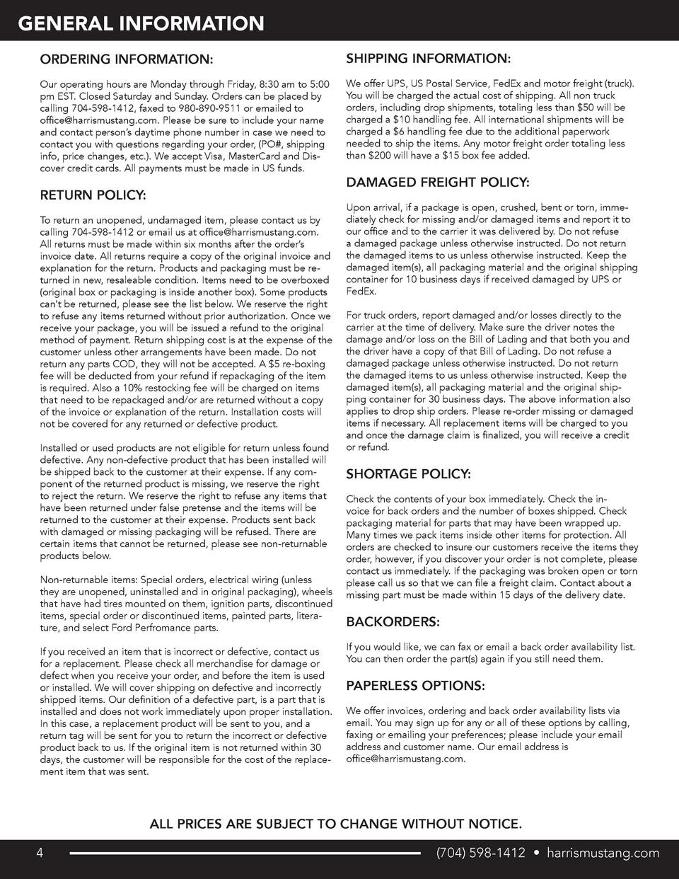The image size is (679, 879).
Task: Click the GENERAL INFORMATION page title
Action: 141,25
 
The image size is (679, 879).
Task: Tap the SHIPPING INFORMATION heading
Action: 429,57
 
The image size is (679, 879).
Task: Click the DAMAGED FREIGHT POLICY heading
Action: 437,183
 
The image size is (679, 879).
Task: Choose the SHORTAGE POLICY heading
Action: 408,473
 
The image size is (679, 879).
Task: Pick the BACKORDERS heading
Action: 393,622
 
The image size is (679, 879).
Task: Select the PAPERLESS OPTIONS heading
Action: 415,686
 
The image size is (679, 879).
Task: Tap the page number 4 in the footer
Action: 41,853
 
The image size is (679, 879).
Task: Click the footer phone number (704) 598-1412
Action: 480,853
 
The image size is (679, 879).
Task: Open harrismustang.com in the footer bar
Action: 603,853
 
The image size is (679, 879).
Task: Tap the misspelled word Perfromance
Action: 167,628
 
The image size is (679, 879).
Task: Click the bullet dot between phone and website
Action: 536,853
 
